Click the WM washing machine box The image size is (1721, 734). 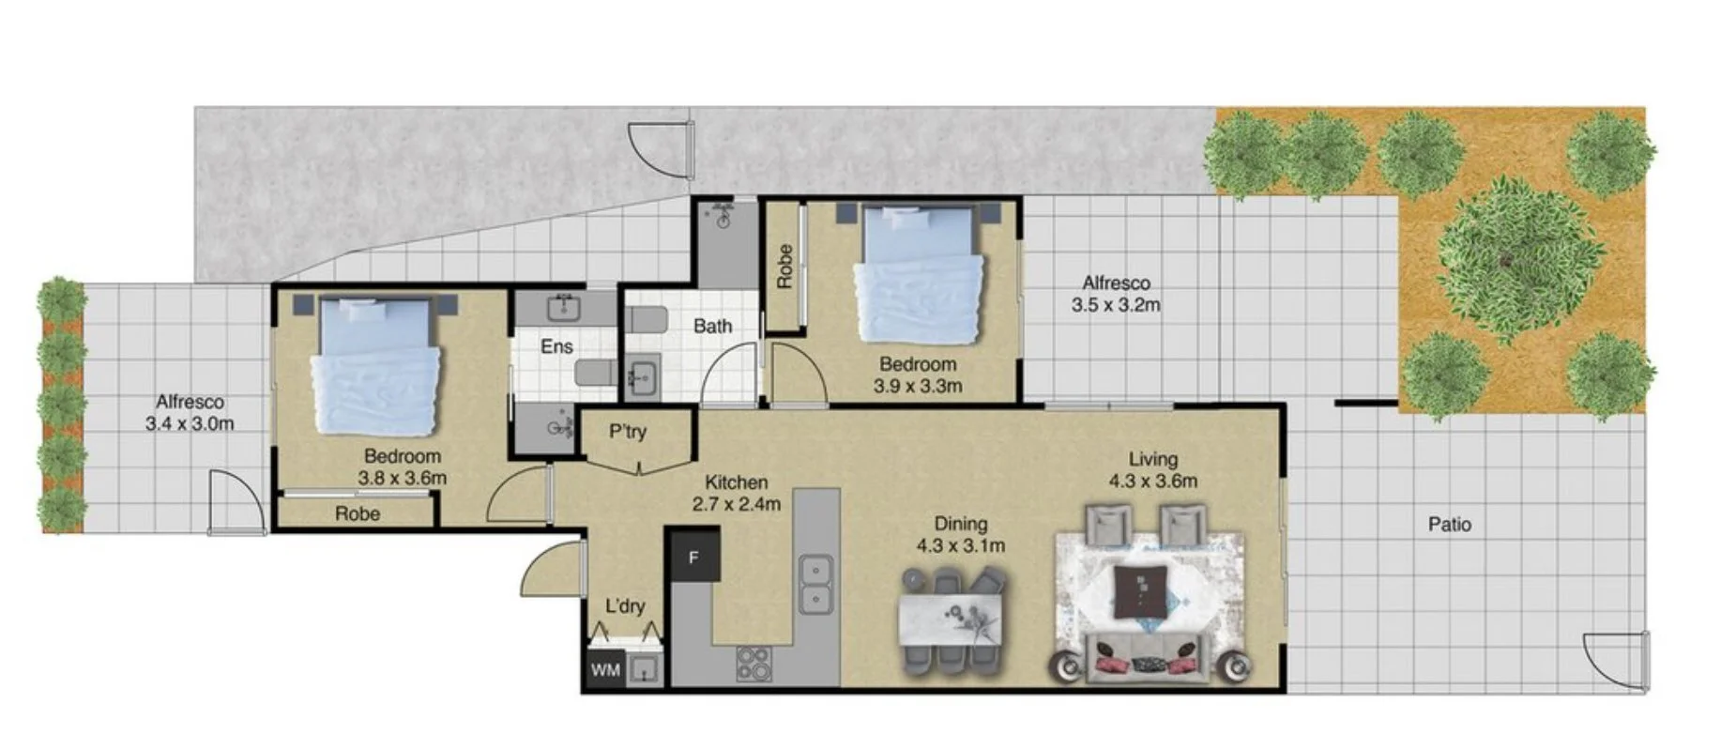pos(605,670)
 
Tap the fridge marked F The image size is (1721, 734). pos(693,557)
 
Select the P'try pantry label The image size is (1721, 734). pos(628,432)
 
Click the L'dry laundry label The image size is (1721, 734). pos(625,606)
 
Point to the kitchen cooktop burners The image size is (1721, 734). pos(753,664)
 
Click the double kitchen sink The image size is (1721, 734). pos(816,584)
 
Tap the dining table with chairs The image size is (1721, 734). pos(952,622)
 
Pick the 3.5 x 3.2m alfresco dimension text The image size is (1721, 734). pos(1116,305)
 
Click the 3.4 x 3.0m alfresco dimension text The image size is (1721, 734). pos(190,423)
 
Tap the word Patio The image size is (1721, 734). pos(1450,525)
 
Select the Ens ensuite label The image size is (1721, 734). pos(556,347)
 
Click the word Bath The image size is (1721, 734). pos(712,327)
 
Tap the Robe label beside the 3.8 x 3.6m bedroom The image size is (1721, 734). pos(358,513)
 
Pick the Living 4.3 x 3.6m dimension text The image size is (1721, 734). pos(1152,482)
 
